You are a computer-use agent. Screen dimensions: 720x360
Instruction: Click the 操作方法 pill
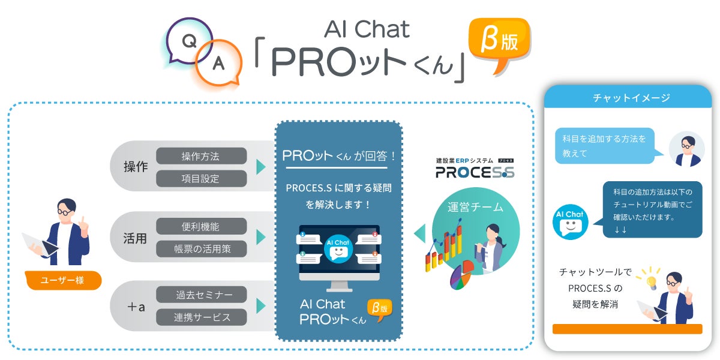(x=201, y=156)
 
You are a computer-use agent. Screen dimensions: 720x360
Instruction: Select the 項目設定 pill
(x=201, y=178)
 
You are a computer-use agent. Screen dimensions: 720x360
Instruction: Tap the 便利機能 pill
(x=201, y=226)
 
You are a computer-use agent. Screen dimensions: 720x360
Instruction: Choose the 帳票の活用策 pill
(x=201, y=248)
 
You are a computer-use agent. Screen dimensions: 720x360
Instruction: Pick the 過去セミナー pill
(x=201, y=295)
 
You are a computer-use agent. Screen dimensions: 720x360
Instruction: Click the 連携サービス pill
(x=201, y=317)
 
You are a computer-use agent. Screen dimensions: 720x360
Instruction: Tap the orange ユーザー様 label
(x=63, y=280)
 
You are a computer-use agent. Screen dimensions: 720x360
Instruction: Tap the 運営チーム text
(x=476, y=208)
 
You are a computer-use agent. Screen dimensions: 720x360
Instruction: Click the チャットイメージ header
(x=628, y=97)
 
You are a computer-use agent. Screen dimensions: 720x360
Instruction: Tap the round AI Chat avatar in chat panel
(x=570, y=220)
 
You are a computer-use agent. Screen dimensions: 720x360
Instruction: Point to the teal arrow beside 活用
(x=260, y=238)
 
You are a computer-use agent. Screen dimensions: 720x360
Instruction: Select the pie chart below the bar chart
(x=460, y=276)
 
